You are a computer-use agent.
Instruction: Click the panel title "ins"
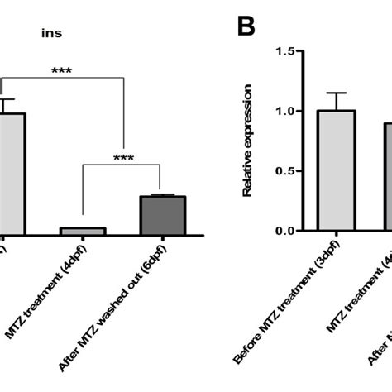pyautogui.click(x=54, y=35)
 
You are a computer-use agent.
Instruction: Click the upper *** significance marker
pyautogui.click(x=62, y=72)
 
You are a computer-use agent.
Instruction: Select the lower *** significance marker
pyautogui.click(x=123, y=157)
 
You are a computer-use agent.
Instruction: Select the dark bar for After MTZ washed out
pyautogui.click(x=162, y=214)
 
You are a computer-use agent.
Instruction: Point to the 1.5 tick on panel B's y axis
pyautogui.click(x=284, y=51)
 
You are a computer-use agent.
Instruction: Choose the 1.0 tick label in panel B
pyautogui.click(x=284, y=111)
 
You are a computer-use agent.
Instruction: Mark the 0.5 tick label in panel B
pyautogui.click(x=284, y=171)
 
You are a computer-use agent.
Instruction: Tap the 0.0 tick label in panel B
pyautogui.click(x=284, y=231)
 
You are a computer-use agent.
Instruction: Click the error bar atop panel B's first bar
pyautogui.click(x=337, y=101)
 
